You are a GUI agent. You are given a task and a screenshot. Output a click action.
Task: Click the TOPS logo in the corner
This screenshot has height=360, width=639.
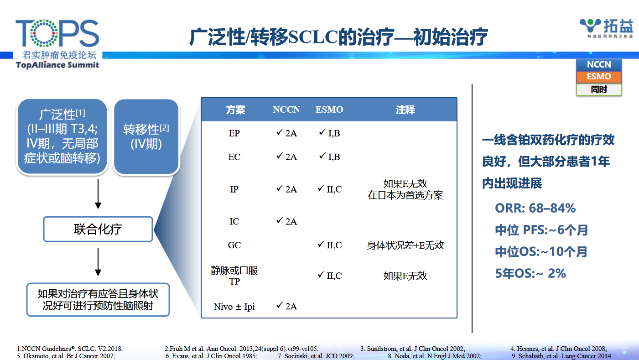pos(57,44)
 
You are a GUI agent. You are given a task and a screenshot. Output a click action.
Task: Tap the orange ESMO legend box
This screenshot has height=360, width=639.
pos(599,77)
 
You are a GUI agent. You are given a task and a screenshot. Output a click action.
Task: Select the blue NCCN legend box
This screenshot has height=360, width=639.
pos(599,65)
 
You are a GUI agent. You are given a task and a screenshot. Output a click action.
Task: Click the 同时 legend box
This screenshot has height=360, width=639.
pos(599,89)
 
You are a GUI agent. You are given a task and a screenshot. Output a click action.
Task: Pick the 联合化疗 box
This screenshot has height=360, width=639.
pos(98,229)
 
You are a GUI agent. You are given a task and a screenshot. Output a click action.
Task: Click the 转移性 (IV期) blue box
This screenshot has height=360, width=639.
pos(146,137)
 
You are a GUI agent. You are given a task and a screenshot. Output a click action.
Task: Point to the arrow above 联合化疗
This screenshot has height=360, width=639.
pos(98,194)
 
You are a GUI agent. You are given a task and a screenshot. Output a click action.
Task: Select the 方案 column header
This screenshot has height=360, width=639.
pos(235,110)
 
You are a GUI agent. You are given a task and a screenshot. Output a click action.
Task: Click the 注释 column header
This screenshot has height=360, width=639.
pos(405,110)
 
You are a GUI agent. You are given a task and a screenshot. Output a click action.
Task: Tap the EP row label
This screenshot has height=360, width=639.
pos(234,133)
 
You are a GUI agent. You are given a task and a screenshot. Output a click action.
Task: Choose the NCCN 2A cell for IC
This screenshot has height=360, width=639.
pos(287,221)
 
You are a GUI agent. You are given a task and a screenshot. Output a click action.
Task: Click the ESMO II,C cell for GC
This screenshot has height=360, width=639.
pos(329,245)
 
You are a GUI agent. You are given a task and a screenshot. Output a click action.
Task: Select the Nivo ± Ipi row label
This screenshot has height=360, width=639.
pos(234,307)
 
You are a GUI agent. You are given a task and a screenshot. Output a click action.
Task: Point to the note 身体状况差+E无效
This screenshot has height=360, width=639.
pos(405,245)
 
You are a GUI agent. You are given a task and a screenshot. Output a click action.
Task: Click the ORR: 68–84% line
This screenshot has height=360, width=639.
pos(535,208)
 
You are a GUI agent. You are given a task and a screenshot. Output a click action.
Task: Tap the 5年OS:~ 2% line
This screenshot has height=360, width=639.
pos(530,273)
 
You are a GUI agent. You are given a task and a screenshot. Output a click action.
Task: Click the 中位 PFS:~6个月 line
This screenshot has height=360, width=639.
pos(541,230)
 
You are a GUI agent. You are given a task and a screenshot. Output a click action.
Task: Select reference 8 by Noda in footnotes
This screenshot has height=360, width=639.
pos(435,356)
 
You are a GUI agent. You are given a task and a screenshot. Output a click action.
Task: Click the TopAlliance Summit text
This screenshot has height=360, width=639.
pos(57,65)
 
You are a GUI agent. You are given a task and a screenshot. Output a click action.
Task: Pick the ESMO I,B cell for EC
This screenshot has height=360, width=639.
pos(329,157)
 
